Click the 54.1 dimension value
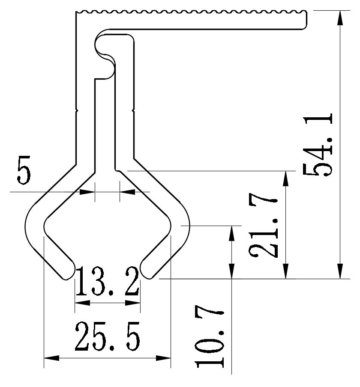318,145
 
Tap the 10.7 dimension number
210,337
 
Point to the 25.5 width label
107,336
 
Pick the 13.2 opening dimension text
108,282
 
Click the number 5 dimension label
24,170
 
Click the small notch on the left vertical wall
77,110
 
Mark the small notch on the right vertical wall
134,110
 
